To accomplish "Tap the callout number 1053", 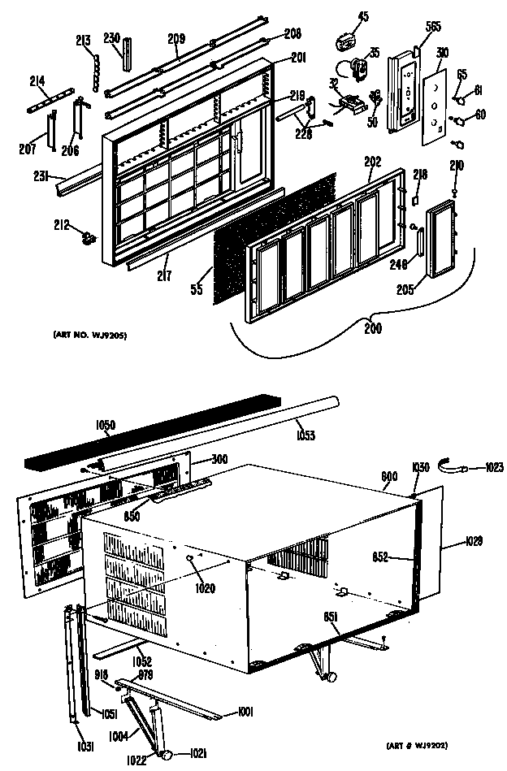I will [x=305, y=435].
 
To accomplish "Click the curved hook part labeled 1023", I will [x=451, y=466].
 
